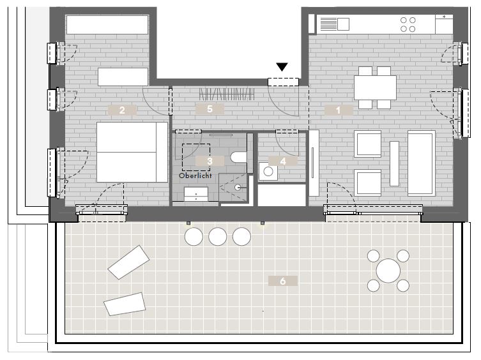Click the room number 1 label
pyautogui.click(x=339, y=110)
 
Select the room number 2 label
pyautogui.click(x=122, y=110)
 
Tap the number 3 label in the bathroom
pyautogui.click(x=210, y=161)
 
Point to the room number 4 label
pyautogui.click(x=283, y=161)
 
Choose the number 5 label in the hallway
pyautogui.click(x=210, y=109)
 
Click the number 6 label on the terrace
pyautogui.click(x=283, y=281)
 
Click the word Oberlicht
pyautogui.click(x=195, y=176)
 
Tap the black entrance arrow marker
pyautogui.click(x=282, y=67)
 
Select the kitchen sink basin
pyautogui.click(x=343, y=24)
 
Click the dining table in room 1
pyautogui.click(x=375, y=87)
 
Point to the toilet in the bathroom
pyautogui.click(x=238, y=157)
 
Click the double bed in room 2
pyautogui.click(x=132, y=152)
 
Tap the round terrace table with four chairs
pyautogui.click(x=388, y=271)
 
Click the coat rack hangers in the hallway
pyautogui.click(x=227, y=94)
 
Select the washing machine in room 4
pyautogui.click(x=268, y=172)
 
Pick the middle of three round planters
pyautogui.click(x=217, y=237)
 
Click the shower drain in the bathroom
pyautogui.click(x=238, y=188)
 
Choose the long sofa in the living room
pyautogui.click(x=421, y=163)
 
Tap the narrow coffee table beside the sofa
pyautogui.click(x=394, y=163)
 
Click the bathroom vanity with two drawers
pyautogui.click(x=195, y=194)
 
